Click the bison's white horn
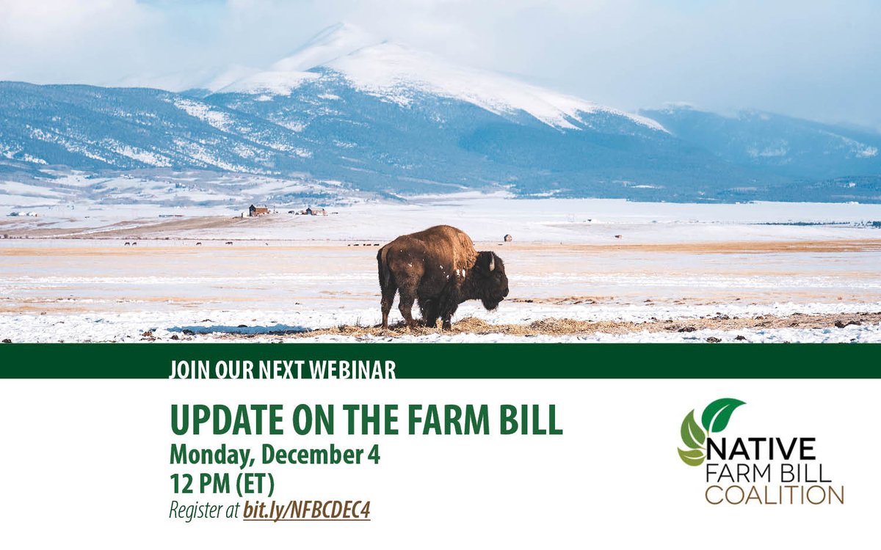[492, 262]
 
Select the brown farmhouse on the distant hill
[258, 210]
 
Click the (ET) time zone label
[255, 483]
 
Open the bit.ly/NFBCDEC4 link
[307, 510]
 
